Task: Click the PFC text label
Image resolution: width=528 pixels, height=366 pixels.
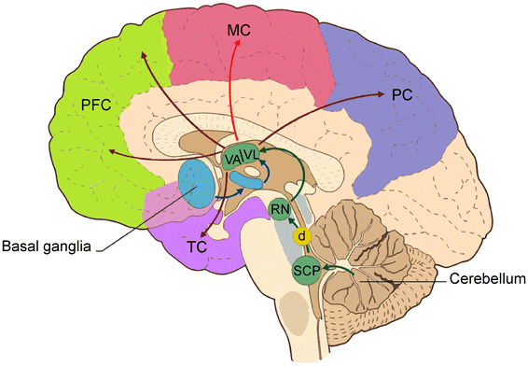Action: pos(96,106)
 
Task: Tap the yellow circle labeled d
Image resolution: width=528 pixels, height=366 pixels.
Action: pos(301,237)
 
